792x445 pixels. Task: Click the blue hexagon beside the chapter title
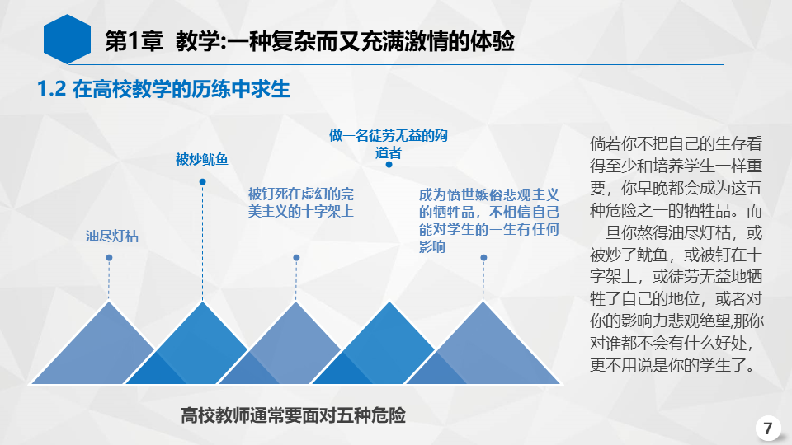(x=67, y=40)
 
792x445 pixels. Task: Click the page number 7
(x=768, y=429)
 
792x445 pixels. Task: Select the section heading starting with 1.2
(x=163, y=89)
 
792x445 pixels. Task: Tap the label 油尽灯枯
(x=111, y=237)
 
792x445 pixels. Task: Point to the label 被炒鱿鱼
(x=201, y=159)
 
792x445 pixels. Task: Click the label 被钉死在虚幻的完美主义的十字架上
(x=300, y=203)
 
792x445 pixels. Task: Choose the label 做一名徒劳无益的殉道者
(x=389, y=143)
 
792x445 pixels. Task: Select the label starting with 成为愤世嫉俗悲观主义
(x=489, y=221)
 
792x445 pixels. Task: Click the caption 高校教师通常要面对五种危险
(x=293, y=415)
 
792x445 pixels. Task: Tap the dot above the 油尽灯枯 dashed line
(x=109, y=258)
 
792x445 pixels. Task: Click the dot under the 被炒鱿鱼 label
(x=203, y=181)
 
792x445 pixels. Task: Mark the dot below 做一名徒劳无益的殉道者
(x=389, y=165)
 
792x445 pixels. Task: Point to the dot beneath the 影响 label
(x=483, y=258)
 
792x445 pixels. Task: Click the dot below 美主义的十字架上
(x=296, y=258)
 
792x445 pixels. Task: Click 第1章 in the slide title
(x=134, y=41)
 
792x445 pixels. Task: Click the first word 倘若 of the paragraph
(x=605, y=143)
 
